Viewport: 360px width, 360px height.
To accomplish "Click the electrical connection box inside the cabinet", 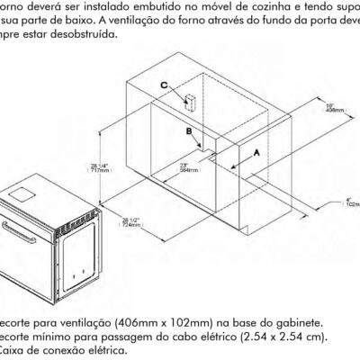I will (x=191, y=101).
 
